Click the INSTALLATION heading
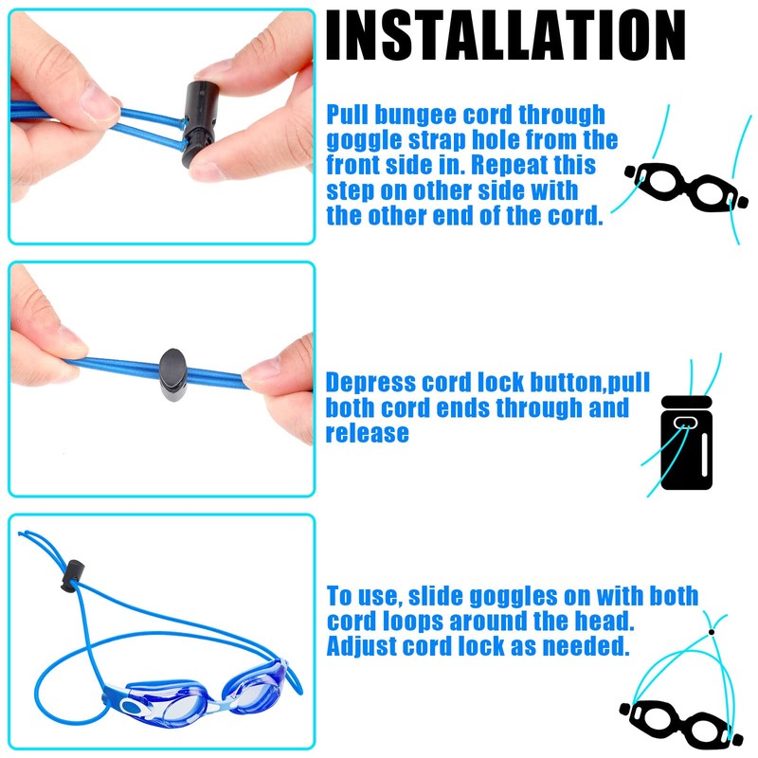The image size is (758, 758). point(505,35)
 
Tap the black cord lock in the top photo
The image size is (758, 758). point(203,118)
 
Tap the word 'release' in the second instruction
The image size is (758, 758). point(368,434)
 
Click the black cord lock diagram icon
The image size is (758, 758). point(686,442)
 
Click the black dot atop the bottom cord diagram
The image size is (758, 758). point(711,630)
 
